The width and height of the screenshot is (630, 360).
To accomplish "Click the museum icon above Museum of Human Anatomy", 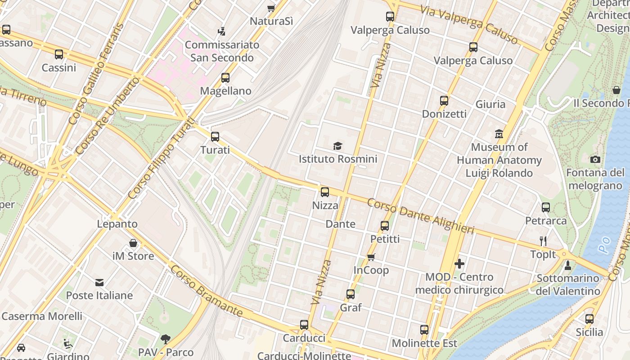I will coord(499,134).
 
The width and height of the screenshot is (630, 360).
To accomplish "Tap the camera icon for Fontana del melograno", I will coord(595,159).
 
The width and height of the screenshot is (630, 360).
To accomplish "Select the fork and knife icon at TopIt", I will coord(543,241).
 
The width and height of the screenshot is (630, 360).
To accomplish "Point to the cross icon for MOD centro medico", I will coord(459,264).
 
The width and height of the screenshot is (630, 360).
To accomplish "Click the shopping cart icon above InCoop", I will coord(371,257).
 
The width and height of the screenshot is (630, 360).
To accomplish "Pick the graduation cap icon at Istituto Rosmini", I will coord(337,146).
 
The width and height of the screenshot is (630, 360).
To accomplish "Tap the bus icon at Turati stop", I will coord(215,136).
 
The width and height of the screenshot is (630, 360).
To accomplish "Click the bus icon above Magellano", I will coord(225,78).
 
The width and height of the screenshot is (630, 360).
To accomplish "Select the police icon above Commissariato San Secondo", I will coord(222,31).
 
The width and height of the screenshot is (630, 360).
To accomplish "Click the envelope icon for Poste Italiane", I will coord(99,282).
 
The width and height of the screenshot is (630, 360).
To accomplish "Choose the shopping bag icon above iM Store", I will coord(133,243).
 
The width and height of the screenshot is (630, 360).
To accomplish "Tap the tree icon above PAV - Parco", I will coord(166,339).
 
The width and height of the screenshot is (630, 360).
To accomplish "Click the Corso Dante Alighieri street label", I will coord(420,216).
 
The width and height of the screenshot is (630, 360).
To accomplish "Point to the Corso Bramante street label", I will coord(207,291).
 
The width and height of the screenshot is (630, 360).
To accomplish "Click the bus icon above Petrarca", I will coord(546,207).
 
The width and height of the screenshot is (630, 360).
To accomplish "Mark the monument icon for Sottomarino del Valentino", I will coord(567,265).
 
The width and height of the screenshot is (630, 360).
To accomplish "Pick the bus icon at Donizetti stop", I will coord(444,101).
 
